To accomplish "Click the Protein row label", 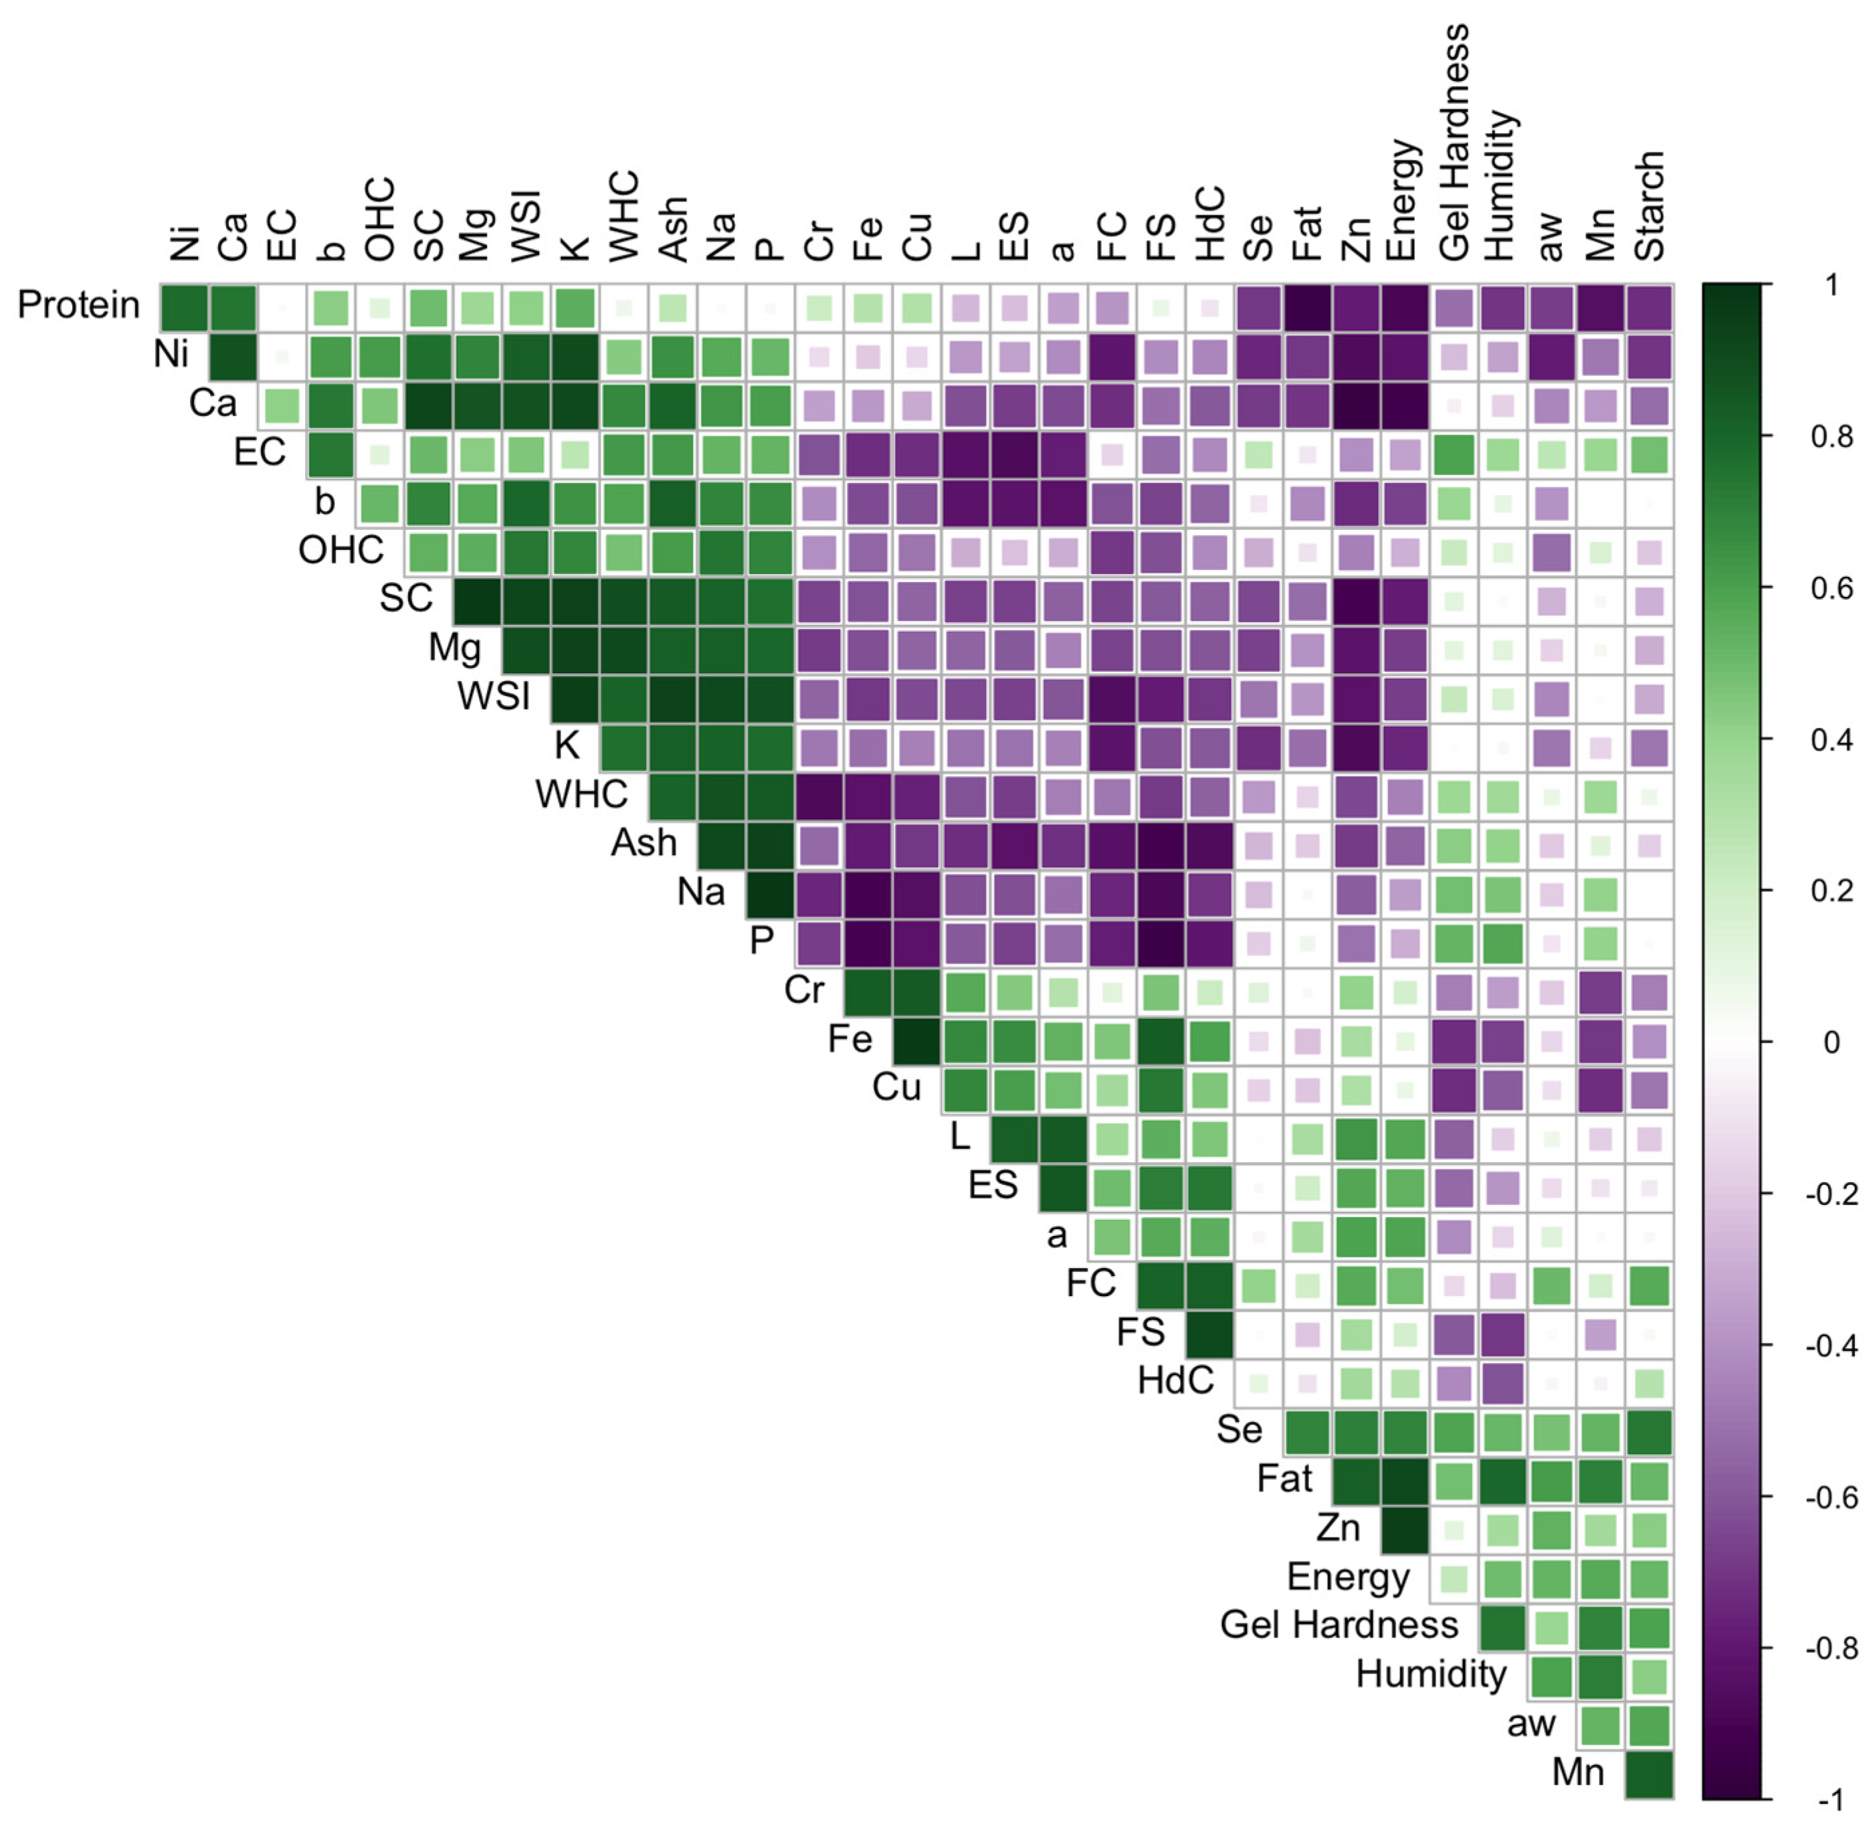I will [79, 305].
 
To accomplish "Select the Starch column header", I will [1649, 205].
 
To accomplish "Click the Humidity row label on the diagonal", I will [1430, 1673].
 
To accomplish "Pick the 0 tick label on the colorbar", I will [1831, 1042].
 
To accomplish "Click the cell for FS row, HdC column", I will [1209, 1334].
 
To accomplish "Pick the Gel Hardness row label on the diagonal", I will [1339, 1625].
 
